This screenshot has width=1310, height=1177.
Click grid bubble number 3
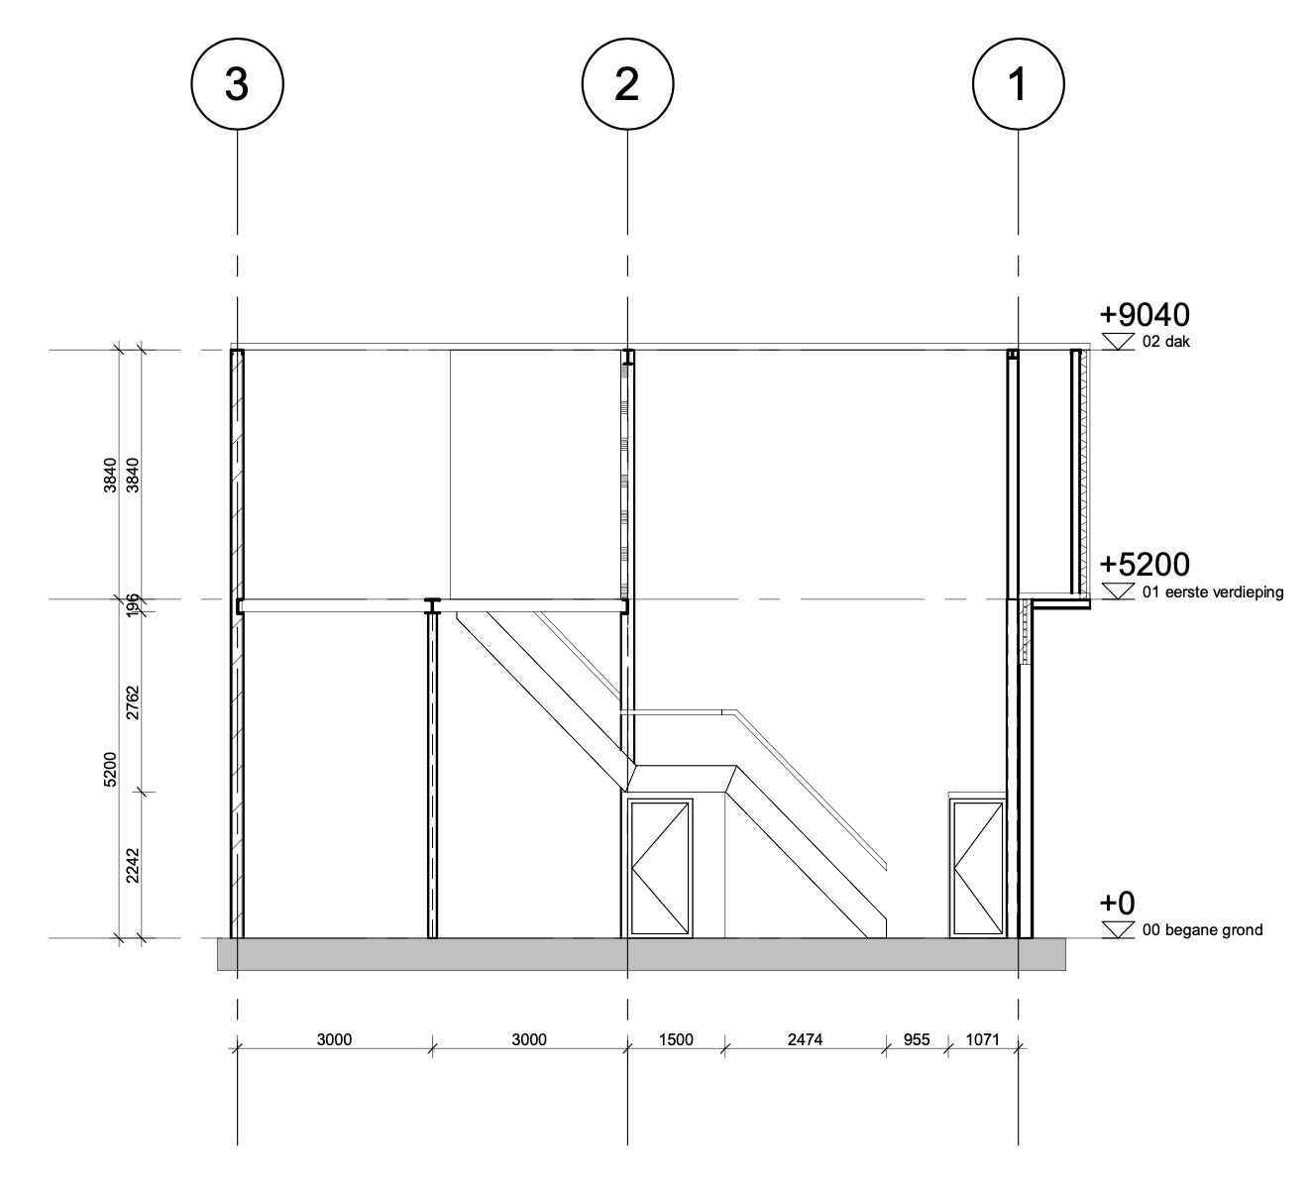(x=237, y=84)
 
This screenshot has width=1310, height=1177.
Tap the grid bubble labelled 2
(x=627, y=84)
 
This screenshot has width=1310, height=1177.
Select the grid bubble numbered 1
(x=1019, y=84)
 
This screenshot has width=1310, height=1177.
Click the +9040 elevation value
(x=1145, y=315)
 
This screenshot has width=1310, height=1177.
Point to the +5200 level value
(x=1145, y=565)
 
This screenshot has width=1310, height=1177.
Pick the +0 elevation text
(x=1118, y=903)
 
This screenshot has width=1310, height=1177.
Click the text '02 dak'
(x=1165, y=342)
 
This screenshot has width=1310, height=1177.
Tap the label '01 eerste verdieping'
(x=1212, y=591)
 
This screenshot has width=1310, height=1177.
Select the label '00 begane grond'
(x=1202, y=930)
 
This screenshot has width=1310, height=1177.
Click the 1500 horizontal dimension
(x=676, y=1039)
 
